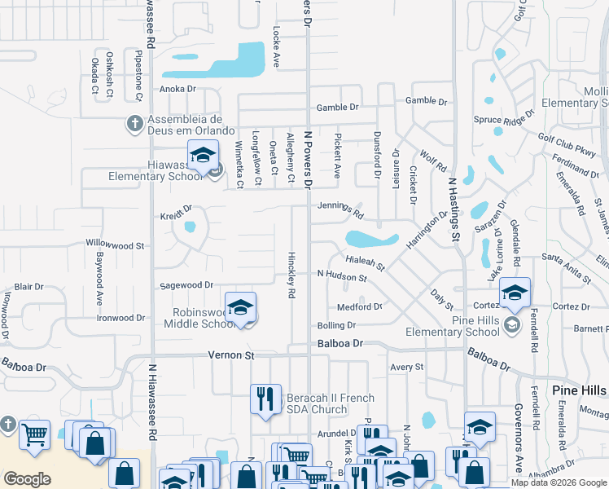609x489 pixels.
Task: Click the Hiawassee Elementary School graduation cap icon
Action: [203, 155]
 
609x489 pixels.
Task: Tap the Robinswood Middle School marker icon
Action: [240, 307]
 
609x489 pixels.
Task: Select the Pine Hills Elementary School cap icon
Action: [514, 293]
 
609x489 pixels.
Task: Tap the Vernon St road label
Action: [231, 355]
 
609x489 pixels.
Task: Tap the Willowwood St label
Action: [115, 244]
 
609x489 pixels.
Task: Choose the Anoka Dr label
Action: [178, 89]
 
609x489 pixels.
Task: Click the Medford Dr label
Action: [359, 307]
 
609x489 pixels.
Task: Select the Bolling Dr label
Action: [336, 325]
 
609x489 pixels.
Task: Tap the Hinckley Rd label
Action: [291, 275]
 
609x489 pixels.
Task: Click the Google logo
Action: [28, 479]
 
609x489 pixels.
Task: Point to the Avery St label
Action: [407, 368]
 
